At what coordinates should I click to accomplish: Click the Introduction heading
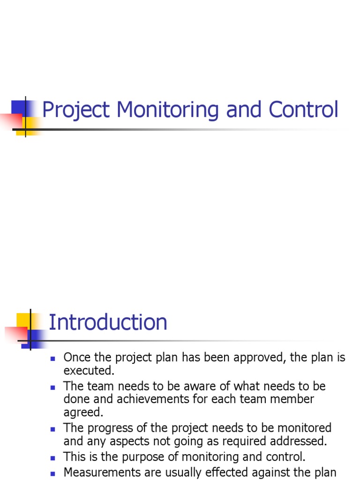click(108, 322)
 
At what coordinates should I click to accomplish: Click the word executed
click(89, 371)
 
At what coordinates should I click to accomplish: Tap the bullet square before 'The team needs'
click(53, 387)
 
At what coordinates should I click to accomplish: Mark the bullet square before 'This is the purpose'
click(53, 457)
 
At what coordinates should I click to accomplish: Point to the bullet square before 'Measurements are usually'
click(53, 473)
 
